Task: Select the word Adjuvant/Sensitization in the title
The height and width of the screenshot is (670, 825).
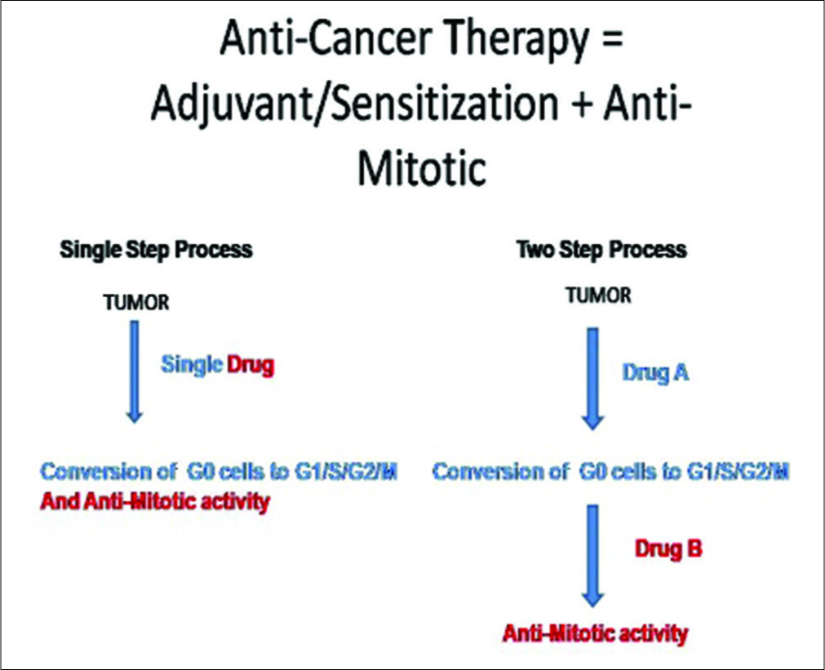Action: [354, 104]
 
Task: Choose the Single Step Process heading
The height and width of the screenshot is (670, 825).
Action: [156, 250]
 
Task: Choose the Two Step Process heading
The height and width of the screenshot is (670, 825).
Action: [601, 250]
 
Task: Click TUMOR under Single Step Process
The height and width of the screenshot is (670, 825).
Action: [136, 303]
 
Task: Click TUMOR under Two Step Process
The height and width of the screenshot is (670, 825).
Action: [598, 295]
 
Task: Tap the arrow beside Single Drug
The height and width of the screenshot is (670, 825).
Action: [135, 371]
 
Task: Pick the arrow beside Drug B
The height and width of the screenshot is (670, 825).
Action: [593, 556]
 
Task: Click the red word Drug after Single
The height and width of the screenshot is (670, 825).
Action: [251, 365]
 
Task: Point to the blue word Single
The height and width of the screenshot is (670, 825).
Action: [192, 365]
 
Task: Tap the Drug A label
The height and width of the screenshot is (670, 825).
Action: [655, 373]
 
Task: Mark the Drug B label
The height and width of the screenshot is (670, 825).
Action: [668, 549]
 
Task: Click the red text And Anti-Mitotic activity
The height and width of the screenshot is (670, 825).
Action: [155, 502]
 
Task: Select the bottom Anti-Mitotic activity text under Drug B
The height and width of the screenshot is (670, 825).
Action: [595, 633]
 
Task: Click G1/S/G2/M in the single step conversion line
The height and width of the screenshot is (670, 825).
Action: [346, 472]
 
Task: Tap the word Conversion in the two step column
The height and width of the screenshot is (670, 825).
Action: [500, 472]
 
